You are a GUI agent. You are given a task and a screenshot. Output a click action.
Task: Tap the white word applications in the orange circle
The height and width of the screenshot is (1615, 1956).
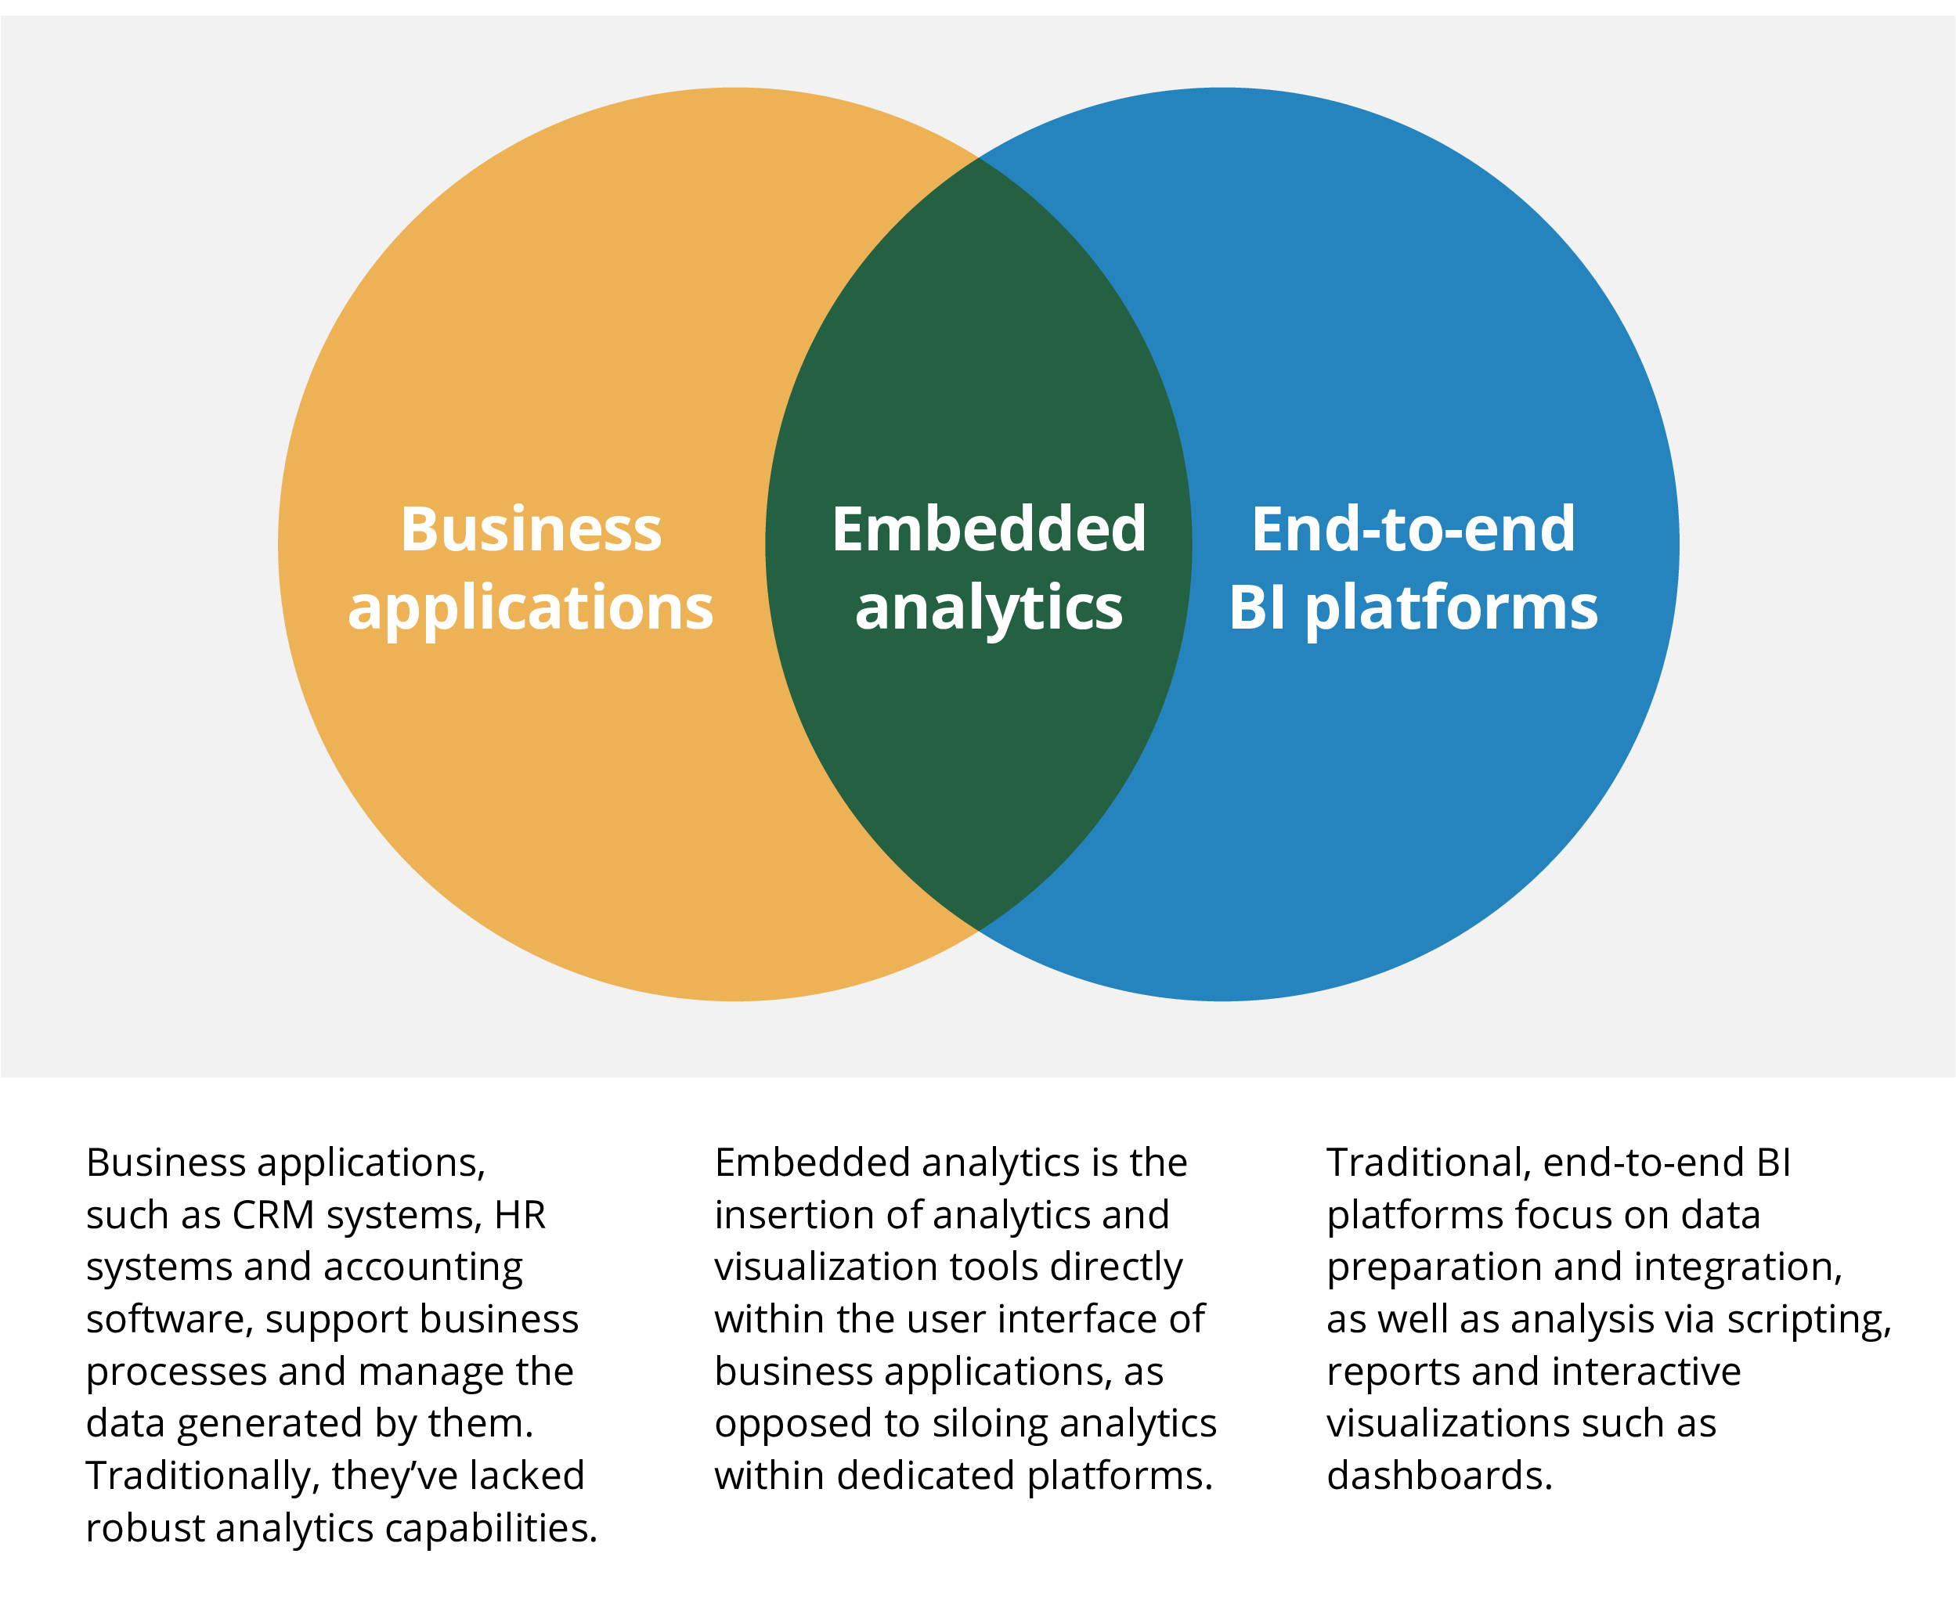[x=530, y=608]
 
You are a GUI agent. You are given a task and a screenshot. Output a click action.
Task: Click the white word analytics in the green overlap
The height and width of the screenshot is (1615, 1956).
[x=988, y=608]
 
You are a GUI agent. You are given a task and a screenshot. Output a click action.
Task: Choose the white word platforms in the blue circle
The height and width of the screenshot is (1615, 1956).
[x=1451, y=608]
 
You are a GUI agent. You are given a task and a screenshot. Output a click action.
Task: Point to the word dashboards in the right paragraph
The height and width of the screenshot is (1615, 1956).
[x=1438, y=1476]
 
